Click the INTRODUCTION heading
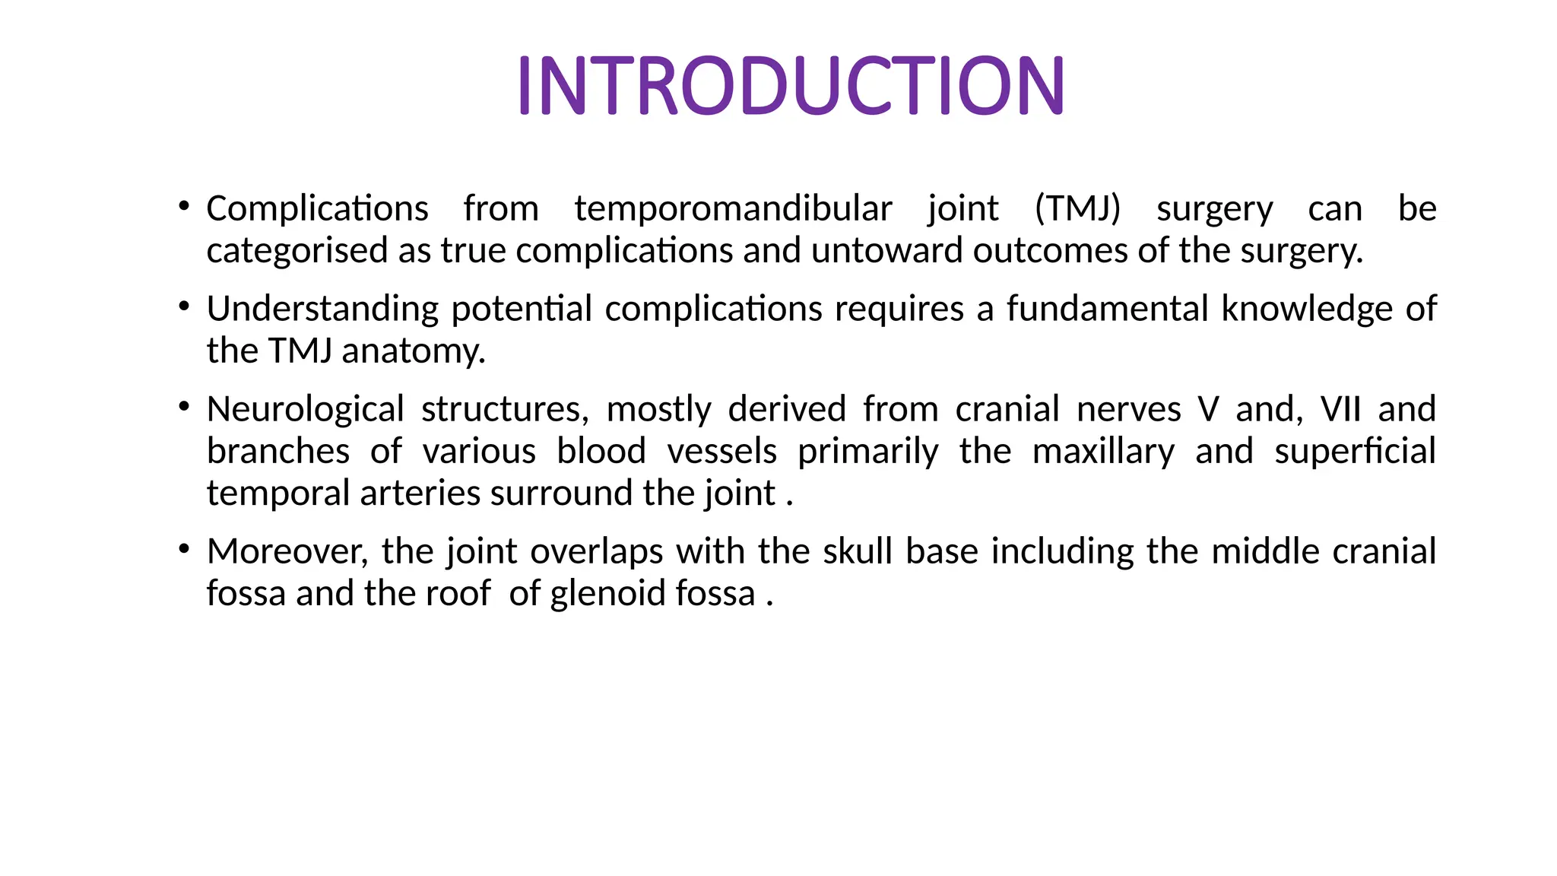point(791,85)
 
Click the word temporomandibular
point(733,208)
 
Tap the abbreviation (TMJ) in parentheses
point(1077,208)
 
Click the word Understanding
point(322,309)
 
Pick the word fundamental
point(1108,309)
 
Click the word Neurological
point(305,409)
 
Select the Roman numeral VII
point(1340,409)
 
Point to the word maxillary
point(1102,452)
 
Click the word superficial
point(1355,452)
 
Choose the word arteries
point(420,494)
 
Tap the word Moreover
point(287,551)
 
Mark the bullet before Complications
point(184,205)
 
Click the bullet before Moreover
point(184,548)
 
